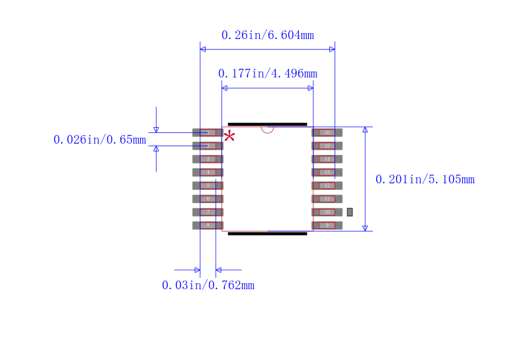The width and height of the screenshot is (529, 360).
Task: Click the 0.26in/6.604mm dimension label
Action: [267, 35]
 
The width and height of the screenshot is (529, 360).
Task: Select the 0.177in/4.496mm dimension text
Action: [267, 73]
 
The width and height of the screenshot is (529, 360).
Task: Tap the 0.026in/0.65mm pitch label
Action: [99, 140]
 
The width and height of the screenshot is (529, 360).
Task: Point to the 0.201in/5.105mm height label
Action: [425, 179]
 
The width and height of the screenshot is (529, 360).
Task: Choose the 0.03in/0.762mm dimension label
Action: [208, 285]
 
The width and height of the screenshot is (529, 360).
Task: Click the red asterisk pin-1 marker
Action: [229, 136]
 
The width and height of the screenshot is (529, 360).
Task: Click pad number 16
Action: [327, 132]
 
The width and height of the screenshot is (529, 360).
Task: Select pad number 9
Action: [327, 225]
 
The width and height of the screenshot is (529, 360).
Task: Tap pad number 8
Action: [208, 225]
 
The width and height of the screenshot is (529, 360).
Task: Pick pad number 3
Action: [208, 159]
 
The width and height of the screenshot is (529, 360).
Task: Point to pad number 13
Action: [327, 172]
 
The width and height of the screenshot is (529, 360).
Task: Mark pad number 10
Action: [327, 212]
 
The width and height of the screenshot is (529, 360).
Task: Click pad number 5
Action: [208, 185]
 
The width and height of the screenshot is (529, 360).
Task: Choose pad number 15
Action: [327, 146]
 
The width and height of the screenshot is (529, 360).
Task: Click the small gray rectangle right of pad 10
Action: [350, 212]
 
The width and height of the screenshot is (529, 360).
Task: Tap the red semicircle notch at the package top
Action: [267, 129]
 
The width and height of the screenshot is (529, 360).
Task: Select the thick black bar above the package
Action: [267, 124]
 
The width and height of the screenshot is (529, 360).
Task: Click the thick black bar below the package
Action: [267, 233]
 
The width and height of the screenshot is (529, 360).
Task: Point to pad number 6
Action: [208, 199]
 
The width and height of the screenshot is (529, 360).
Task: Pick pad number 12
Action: [327, 185]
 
